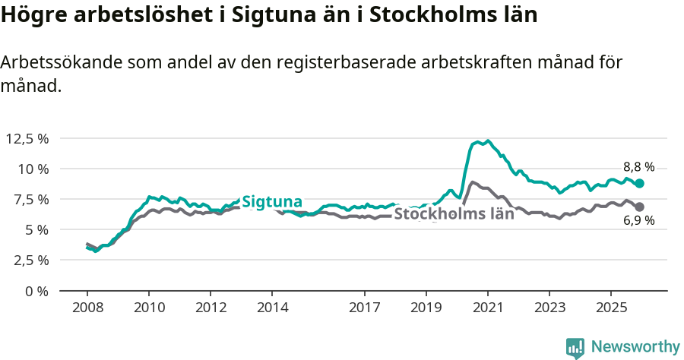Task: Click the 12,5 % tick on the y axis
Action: pyautogui.click(x=27, y=138)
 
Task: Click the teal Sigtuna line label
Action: pyautogui.click(x=272, y=202)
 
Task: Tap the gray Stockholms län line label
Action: pyautogui.click(x=454, y=214)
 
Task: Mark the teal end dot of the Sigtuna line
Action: pyautogui.click(x=640, y=184)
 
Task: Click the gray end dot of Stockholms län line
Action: pyautogui.click(x=640, y=207)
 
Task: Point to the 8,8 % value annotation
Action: pyautogui.click(x=638, y=167)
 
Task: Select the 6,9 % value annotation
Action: pyautogui.click(x=638, y=222)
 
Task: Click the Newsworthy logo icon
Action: pyautogui.click(x=575, y=348)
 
